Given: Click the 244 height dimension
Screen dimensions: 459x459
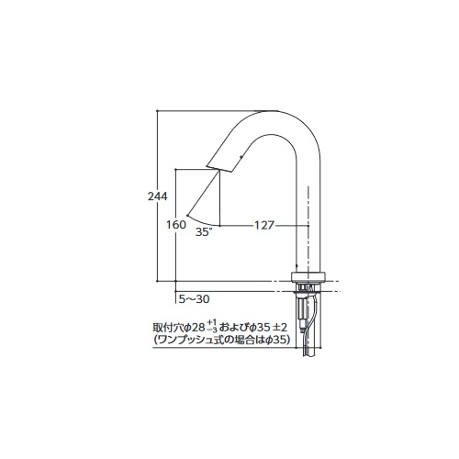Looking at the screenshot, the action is click(x=158, y=196).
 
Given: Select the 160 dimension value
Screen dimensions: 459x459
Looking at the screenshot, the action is click(x=176, y=225).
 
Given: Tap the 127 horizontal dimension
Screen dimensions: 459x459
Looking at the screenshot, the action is click(x=264, y=226).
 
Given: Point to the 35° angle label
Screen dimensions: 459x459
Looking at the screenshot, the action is click(x=204, y=232).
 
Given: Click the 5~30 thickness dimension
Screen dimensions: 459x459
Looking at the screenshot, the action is click(x=195, y=299).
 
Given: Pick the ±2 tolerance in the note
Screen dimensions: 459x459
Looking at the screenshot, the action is click(x=279, y=328).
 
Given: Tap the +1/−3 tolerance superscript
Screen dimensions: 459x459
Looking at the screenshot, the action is click(x=212, y=326).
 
